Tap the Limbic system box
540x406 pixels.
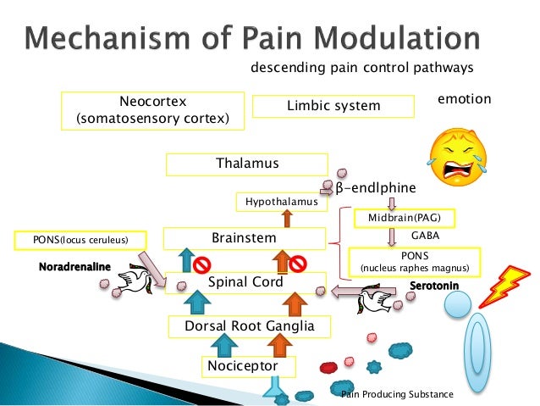click(334, 106)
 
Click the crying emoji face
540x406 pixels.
click(460, 153)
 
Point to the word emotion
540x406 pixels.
click(464, 99)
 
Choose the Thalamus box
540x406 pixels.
click(246, 164)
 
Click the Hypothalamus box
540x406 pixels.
click(281, 202)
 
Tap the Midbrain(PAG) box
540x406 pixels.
click(404, 218)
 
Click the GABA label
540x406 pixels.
click(424, 234)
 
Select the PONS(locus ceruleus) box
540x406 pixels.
click(81, 241)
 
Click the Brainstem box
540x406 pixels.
click(245, 238)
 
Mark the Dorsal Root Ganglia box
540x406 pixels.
click(244, 325)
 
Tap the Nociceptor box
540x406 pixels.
click(250, 366)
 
